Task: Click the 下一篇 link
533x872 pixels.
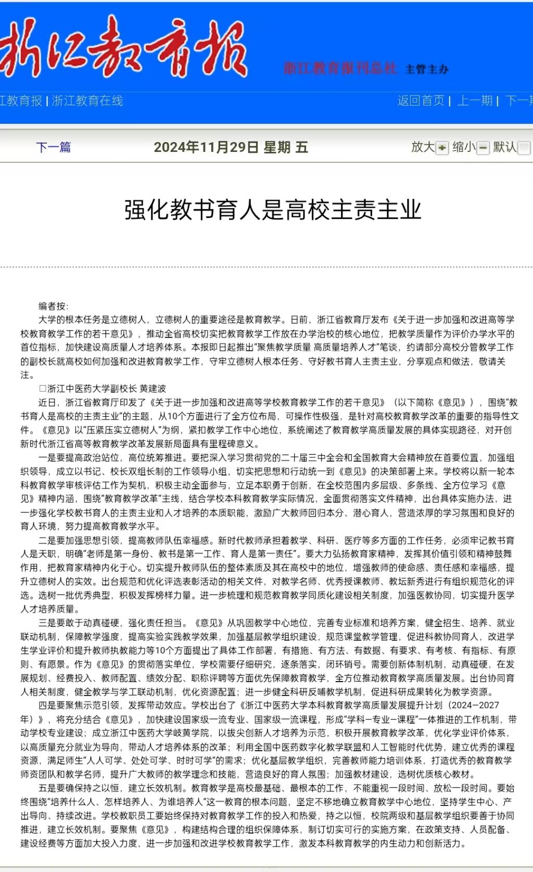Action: click(x=54, y=147)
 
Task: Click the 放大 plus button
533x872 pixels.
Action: click(x=442, y=148)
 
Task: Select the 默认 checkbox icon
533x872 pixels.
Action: click(x=524, y=148)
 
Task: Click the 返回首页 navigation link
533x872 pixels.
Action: click(x=421, y=100)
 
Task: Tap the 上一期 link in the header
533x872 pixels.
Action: click(x=474, y=100)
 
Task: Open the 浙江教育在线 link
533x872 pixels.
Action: click(x=87, y=100)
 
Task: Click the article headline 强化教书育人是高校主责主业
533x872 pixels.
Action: click(x=272, y=210)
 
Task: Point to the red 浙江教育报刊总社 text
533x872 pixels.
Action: click(x=340, y=68)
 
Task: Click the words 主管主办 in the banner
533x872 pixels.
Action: click(x=427, y=69)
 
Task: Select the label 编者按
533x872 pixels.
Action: click(x=53, y=306)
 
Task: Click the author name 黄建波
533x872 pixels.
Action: click(x=153, y=389)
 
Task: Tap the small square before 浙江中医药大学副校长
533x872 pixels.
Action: click(x=43, y=389)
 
